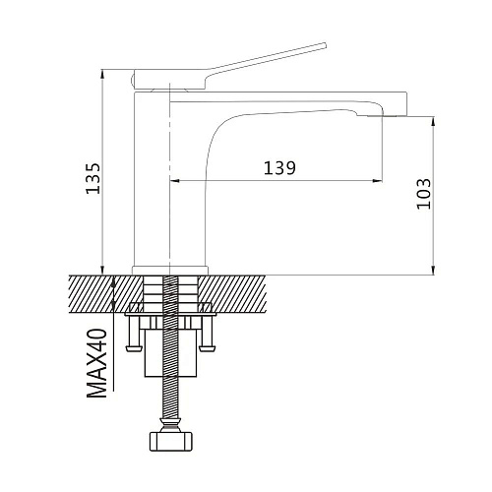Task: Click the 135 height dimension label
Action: click(x=93, y=178)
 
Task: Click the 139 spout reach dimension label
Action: click(x=279, y=168)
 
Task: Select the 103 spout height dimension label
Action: click(x=423, y=194)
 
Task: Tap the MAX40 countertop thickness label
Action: click(x=96, y=363)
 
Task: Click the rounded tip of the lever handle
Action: click(x=325, y=44)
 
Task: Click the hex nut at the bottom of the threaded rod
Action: click(x=170, y=442)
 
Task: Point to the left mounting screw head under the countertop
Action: click(x=134, y=347)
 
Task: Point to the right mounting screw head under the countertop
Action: click(x=208, y=347)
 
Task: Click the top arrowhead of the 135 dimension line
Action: click(x=102, y=74)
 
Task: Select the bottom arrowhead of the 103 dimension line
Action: click(x=434, y=270)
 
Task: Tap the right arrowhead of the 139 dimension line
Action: click(x=378, y=180)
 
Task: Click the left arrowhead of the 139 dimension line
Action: click(x=174, y=180)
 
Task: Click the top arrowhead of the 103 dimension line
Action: click(x=434, y=121)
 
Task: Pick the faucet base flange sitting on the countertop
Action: click(x=170, y=270)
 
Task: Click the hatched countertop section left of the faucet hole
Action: click(x=106, y=294)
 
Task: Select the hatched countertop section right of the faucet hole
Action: click(x=232, y=294)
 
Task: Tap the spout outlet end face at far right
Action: click(x=407, y=104)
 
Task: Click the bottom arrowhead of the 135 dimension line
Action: click(x=102, y=270)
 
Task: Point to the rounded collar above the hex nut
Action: click(x=170, y=425)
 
